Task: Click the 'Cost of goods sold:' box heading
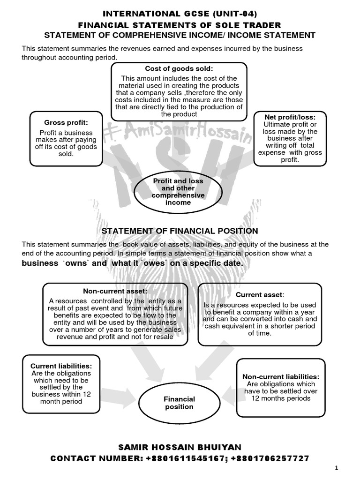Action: (179, 69)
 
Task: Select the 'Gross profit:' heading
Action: (66, 122)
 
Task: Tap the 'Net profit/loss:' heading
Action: (289, 117)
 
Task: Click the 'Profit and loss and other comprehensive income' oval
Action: (178, 192)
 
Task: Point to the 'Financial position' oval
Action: (179, 403)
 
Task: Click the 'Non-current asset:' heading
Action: (108, 291)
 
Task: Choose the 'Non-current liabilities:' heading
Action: (281, 376)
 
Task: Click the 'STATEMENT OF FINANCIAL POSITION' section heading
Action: (180, 231)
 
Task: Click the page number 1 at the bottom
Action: (350, 468)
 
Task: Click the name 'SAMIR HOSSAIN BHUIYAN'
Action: (180, 447)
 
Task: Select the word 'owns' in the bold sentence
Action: (75, 263)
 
